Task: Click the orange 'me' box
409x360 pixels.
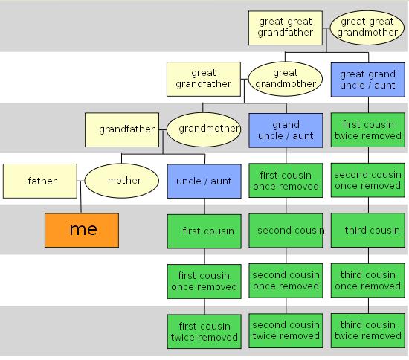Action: click(x=82, y=231)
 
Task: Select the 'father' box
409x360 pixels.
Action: click(x=40, y=181)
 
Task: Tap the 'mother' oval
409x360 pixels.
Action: click(x=122, y=181)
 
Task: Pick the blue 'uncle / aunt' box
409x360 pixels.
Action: click(x=204, y=181)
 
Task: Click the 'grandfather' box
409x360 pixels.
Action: click(x=122, y=130)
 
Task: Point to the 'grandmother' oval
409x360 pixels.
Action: click(x=204, y=129)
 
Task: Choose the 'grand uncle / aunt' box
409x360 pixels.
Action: click(x=286, y=130)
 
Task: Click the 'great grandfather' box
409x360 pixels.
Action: click(x=204, y=79)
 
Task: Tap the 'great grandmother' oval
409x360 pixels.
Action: click(x=286, y=79)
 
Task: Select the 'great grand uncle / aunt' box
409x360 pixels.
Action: click(x=368, y=80)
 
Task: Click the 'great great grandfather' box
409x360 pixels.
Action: click(x=286, y=28)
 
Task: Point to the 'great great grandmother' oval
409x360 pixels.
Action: click(x=367, y=28)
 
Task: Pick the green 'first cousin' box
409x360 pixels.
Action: click(x=204, y=231)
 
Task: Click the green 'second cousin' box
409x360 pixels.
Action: click(x=286, y=231)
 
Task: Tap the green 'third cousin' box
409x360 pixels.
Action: click(x=368, y=231)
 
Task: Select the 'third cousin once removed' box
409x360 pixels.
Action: click(x=368, y=280)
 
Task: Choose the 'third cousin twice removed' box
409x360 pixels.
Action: click(x=368, y=331)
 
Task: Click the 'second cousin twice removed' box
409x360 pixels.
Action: click(x=286, y=331)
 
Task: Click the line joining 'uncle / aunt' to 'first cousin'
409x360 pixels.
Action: click(x=204, y=206)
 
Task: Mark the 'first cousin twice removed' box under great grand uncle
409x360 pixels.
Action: click(x=368, y=130)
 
